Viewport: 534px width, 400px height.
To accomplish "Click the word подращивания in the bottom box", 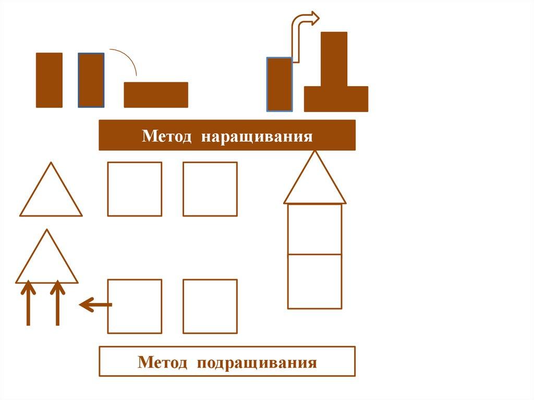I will pos(257,362).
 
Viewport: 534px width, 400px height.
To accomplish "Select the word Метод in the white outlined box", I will pos(163,362).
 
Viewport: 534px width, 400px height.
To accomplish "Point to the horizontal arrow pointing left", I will pos(94,304).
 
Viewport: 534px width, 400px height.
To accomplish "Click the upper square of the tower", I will pos(314,229).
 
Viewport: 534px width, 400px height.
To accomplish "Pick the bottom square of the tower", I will pos(314,282).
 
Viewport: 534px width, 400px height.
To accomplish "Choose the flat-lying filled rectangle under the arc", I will pos(156,95).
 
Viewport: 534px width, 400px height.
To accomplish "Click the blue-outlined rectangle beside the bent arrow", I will pos(280,84).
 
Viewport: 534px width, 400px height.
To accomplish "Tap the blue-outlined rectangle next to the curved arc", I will pos(91,80).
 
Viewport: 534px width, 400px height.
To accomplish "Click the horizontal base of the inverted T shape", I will pos(336,99).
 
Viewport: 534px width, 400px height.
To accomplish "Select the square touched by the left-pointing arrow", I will pos(135,306).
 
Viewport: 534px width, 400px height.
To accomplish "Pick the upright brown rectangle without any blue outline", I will pos(49,80).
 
